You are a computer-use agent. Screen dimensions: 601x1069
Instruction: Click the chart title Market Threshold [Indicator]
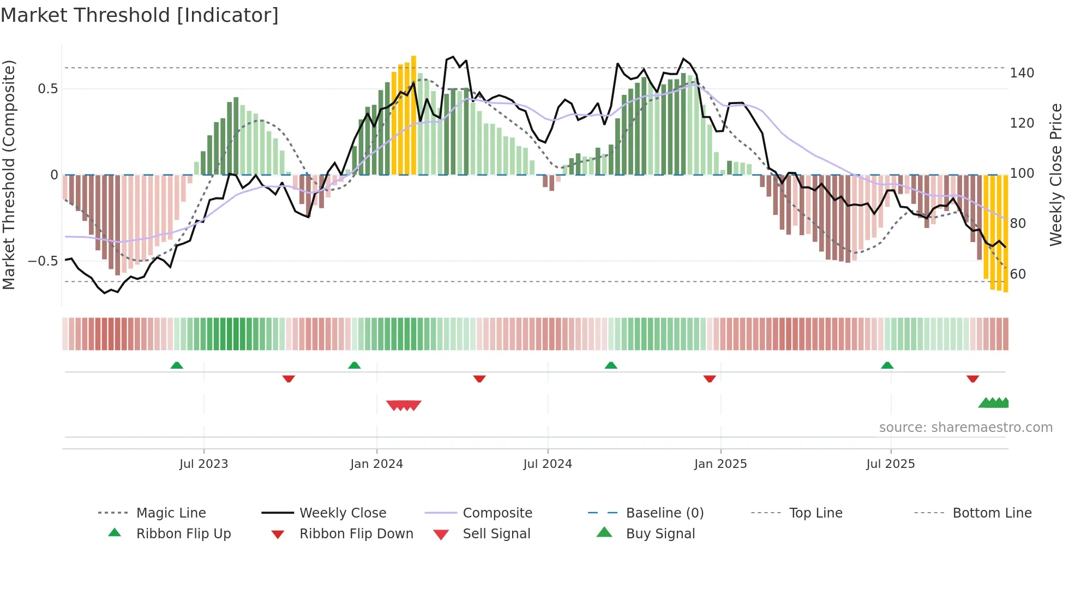pyautogui.click(x=140, y=15)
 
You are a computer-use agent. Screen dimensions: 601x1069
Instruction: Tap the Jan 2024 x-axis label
pyautogui.click(x=376, y=464)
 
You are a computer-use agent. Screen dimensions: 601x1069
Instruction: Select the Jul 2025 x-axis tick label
pyautogui.click(x=890, y=464)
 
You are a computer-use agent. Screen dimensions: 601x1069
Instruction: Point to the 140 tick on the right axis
pyautogui.click(x=1022, y=73)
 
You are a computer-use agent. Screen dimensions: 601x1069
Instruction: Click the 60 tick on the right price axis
pyautogui.click(x=1018, y=274)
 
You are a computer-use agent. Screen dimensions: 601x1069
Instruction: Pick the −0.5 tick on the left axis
pyautogui.click(x=43, y=261)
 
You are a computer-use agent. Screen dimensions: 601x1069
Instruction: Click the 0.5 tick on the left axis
pyautogui.click(x=47, y=89)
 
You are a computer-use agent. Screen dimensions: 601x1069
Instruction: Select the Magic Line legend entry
pyautogui.click(x=171, y=513)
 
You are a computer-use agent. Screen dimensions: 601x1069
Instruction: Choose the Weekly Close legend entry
pyautogui.click(x=343, y=513)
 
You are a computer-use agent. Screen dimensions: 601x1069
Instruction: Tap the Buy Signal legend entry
pyautogui.click(x=660, y=534)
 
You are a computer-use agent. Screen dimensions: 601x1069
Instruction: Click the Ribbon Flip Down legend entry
pyautogui.click(x=356, y=534)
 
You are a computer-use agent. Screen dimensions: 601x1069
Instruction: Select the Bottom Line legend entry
pyautogui.click(x=992, y=513)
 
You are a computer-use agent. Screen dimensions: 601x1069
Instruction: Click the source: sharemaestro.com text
pyautogui.click(x=965, y=428)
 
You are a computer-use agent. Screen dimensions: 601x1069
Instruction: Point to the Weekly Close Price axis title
pyautogui.click(x=1056, y=175)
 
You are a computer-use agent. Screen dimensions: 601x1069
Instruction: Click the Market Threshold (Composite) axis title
pyautogui.click(x=9, y=175)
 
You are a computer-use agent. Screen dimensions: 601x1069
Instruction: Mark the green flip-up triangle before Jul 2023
pyautogui.click(x=177, y=365)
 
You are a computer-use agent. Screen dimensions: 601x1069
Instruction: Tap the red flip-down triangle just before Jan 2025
pyautogui.click(x=710, y=378)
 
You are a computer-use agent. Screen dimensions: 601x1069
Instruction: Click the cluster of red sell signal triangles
pyautogui.click(x=404, y=405)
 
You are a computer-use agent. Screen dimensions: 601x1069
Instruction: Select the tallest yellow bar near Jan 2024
pyautogui.click(x=413, y=115)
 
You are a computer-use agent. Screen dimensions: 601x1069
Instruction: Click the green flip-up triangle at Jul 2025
pyautogui.click(x=887, y=365)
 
